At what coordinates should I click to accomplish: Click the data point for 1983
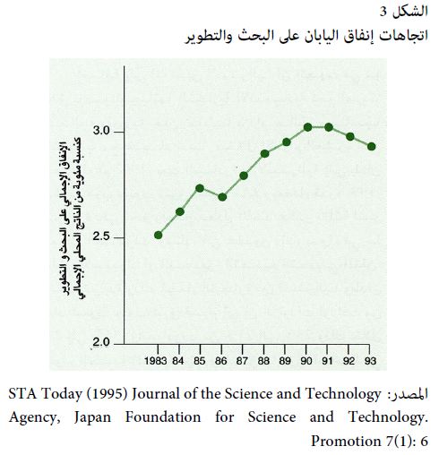coord(159,236)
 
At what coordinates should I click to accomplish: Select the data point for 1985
coord(200,188)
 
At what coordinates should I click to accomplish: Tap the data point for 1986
coord(222,197)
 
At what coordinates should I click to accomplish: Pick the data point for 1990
coord(308,127)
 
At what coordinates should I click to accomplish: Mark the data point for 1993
coord(371,147)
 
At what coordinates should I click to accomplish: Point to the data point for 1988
coord(264,154)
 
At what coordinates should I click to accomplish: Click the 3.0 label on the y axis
coord(101,131)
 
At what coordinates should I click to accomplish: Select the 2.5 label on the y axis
coord(101,236)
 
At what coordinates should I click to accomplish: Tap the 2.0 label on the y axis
coord(101,342)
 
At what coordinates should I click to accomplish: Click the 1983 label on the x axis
coord(155,361)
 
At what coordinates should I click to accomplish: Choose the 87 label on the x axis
coord(242,361)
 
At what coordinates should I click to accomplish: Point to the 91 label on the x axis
coord(327,361)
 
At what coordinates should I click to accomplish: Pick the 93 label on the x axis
coord(370,361)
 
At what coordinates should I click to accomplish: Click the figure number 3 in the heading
coord(383,13)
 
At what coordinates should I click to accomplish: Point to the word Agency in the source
coord(34,417)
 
